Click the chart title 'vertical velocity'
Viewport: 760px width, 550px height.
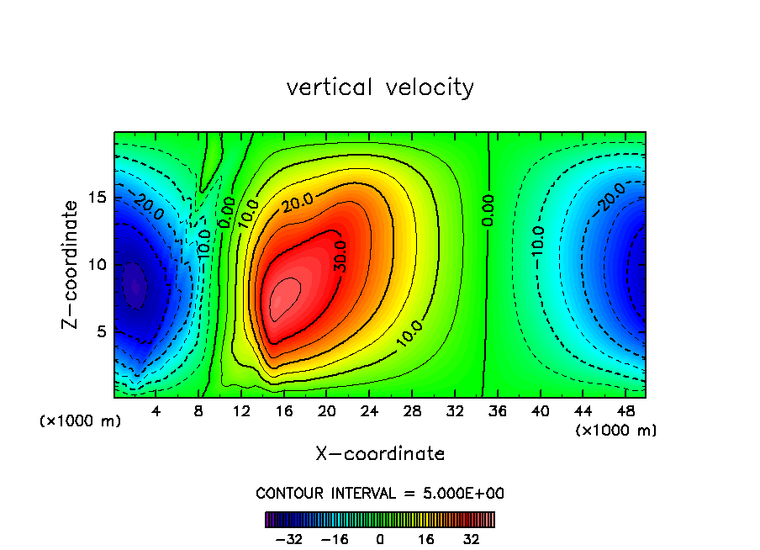pyautogui.click(x=380, y=87)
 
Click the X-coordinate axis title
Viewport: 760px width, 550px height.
pyautogui.click(x=380, y=454)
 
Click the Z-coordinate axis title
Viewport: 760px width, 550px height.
pyautogui.click(x=75, y=264)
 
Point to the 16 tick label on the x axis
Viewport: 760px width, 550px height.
pyautogui.click(x=284, y=412)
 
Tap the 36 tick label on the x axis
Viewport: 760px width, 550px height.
pyautogui.click(x=497, y=412)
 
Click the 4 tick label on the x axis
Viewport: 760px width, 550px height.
pyautogui.click(x=156, y=412)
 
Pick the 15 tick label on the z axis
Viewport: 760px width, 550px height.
pyautogui.click(x=94, y=198)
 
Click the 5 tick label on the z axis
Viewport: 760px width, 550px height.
pyautogui.click(x=98, y=331)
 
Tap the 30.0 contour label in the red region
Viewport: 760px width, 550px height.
pyautogui.click(x=340, y=254)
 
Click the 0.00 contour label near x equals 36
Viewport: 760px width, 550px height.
pyautogui.click(x=488, y=209)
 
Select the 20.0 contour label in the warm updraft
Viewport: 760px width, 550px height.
pyautogui.click(x=298, y=202)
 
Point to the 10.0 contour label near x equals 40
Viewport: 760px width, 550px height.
pyautogui.click(x=538, y=243)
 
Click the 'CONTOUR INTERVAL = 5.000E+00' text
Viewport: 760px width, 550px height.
pyautogui.click(x=380, y=494)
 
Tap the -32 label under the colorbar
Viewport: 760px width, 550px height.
pyautogui.click(x=288, y=539)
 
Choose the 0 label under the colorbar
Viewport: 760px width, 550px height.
pyautogui.click(x=380, y=539)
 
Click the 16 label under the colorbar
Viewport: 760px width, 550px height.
pyautogui.click(x=426, y=539)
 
